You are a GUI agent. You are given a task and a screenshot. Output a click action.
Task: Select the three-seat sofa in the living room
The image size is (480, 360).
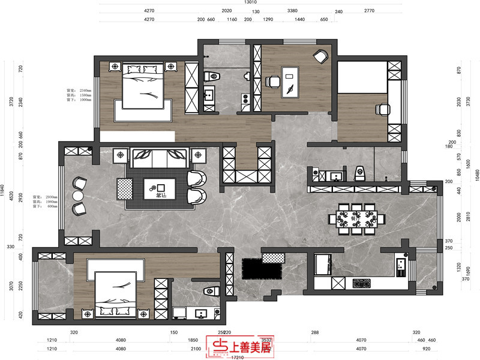pos(160,159)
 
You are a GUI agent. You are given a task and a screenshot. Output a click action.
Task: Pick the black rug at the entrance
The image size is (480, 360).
pos(262,268)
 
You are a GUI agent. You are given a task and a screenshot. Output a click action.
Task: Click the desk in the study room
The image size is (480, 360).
pos(291,80)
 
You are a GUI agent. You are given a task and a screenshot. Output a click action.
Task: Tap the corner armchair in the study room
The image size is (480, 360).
pos(321,56)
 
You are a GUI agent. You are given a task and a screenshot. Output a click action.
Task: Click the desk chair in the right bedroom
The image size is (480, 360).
pos(382,109)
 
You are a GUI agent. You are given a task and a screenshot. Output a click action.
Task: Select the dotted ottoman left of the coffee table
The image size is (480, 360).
pos(124,189)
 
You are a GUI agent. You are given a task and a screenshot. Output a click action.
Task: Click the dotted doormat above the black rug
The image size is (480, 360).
pos(274,257)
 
